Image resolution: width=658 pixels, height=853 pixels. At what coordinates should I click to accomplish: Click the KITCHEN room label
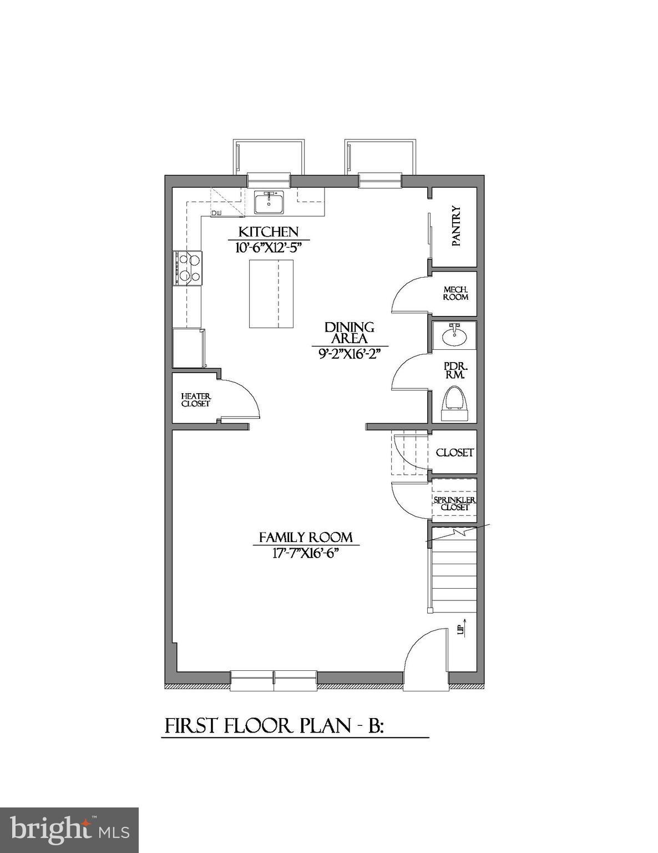click(x=269, y=232)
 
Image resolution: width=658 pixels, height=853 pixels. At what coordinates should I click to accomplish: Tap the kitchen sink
click(x=269, y=202)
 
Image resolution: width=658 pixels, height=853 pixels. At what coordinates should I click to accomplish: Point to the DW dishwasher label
click(x=216, y=213)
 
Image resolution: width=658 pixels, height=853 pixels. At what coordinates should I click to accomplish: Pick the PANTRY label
click(x=456, y=227)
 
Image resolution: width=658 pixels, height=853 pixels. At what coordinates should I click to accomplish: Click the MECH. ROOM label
click(x=455, y=293)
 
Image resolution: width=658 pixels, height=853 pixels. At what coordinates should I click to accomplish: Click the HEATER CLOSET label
click(x=196, y=400)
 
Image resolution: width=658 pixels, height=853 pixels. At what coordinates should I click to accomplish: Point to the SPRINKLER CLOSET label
click(x=454, y=504)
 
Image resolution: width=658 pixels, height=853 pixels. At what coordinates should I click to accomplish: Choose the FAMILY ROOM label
click(x=306, y=538)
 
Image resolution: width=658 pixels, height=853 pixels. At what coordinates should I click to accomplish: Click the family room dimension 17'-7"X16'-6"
click(x=306, y=553)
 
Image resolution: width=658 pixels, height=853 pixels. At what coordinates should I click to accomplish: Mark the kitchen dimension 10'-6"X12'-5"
click(x=269, y=248)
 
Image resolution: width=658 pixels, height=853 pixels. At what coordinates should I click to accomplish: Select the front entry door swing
click(x=426, y=655)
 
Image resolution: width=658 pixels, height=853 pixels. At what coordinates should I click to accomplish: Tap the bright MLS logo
click(x=69, y=830)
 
